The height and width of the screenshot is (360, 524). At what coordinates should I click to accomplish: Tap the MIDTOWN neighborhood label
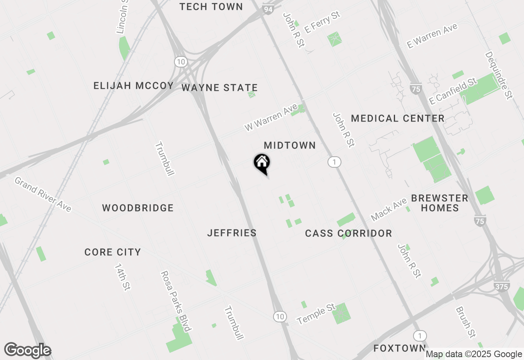pos(290,146)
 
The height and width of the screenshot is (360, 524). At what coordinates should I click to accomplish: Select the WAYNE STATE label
pos(219,88)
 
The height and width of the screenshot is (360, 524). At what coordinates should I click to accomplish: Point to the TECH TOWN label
pos(211,7)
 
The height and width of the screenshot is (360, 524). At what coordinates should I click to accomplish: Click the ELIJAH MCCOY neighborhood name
pos(133,86)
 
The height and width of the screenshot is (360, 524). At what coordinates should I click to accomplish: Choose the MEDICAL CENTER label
pos(398,119)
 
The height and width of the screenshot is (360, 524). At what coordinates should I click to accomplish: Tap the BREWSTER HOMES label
pos(440,203)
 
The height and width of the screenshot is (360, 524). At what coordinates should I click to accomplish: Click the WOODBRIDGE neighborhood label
pos(138,208)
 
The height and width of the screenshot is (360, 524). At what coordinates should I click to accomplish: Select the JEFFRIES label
pos(232,233)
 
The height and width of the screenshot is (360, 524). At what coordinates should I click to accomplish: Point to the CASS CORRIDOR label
pos(348,234)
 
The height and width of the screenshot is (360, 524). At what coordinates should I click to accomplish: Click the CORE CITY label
pos(113,252)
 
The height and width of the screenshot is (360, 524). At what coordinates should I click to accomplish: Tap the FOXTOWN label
pos(400,348)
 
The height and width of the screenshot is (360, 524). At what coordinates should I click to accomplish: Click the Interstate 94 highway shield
pos(268,9)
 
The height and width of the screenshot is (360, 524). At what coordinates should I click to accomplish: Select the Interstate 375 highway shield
pos(501,286)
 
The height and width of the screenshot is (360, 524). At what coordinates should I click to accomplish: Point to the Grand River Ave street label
pos(43,194)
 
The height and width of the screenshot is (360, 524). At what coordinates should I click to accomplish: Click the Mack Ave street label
pos(388,209)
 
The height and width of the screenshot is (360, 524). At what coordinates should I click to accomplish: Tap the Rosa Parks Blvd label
pos(176,301)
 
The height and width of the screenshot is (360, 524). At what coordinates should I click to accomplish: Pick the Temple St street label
pos(316,314)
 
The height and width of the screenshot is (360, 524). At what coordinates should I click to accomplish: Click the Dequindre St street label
pos(499,75)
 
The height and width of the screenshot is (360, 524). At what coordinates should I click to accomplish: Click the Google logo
pos(27,351)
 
